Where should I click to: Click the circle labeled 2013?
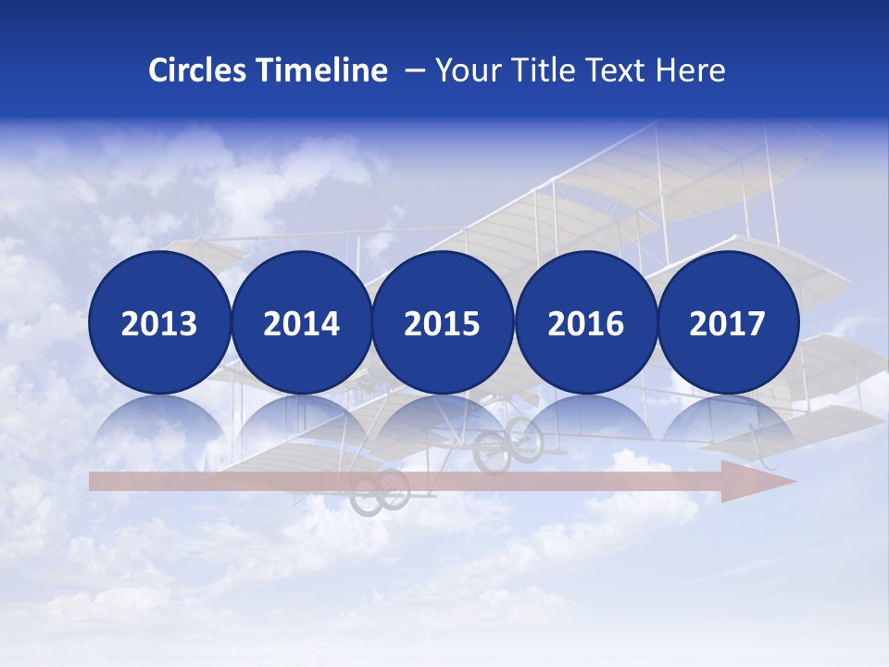159,322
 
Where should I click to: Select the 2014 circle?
301,322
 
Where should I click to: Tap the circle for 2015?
443,322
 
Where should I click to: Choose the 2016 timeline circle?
585,322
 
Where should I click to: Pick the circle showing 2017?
727,322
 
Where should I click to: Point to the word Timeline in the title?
323,70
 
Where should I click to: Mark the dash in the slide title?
415,70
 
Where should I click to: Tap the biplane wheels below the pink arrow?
380,491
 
